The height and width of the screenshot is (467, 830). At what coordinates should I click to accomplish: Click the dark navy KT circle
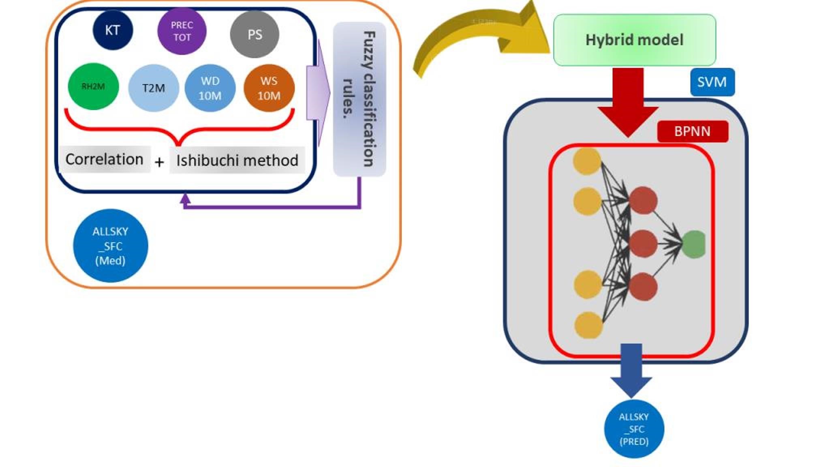[x=113, y=30]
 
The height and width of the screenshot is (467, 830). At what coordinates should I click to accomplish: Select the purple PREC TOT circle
[x=182, y=31]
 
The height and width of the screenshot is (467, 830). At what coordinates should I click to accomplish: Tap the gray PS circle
[x=255, y=34]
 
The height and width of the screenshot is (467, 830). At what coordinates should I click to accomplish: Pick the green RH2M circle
[x=93, y=86]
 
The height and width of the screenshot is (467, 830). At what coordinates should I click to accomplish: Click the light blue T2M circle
[x=154, y=88]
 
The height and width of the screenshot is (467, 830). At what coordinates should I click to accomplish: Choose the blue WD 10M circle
[x=210, y=88]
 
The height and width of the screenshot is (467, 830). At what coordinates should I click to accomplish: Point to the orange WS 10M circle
[x=269, y=88]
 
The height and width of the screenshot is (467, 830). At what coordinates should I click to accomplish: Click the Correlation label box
[x=105, y=159]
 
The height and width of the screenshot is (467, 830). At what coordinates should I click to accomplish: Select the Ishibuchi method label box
[x=237, y=160]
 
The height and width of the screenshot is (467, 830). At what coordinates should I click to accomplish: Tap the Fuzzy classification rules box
[x=359, y=99]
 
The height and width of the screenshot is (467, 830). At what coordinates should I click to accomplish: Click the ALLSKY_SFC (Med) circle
[x=110, y=246]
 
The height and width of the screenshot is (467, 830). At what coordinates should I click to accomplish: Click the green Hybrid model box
[x=634, y=40]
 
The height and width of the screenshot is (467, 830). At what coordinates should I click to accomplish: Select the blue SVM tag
[x=712, y=82]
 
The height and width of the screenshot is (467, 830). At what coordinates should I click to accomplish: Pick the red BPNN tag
[x=692, y=131]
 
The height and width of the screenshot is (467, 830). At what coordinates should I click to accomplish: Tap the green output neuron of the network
[x=694, y=244]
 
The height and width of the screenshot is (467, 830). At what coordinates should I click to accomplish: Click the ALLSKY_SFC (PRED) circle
[x=634, y=429]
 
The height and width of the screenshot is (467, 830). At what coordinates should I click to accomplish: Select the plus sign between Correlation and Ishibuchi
[x=159, y=162]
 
